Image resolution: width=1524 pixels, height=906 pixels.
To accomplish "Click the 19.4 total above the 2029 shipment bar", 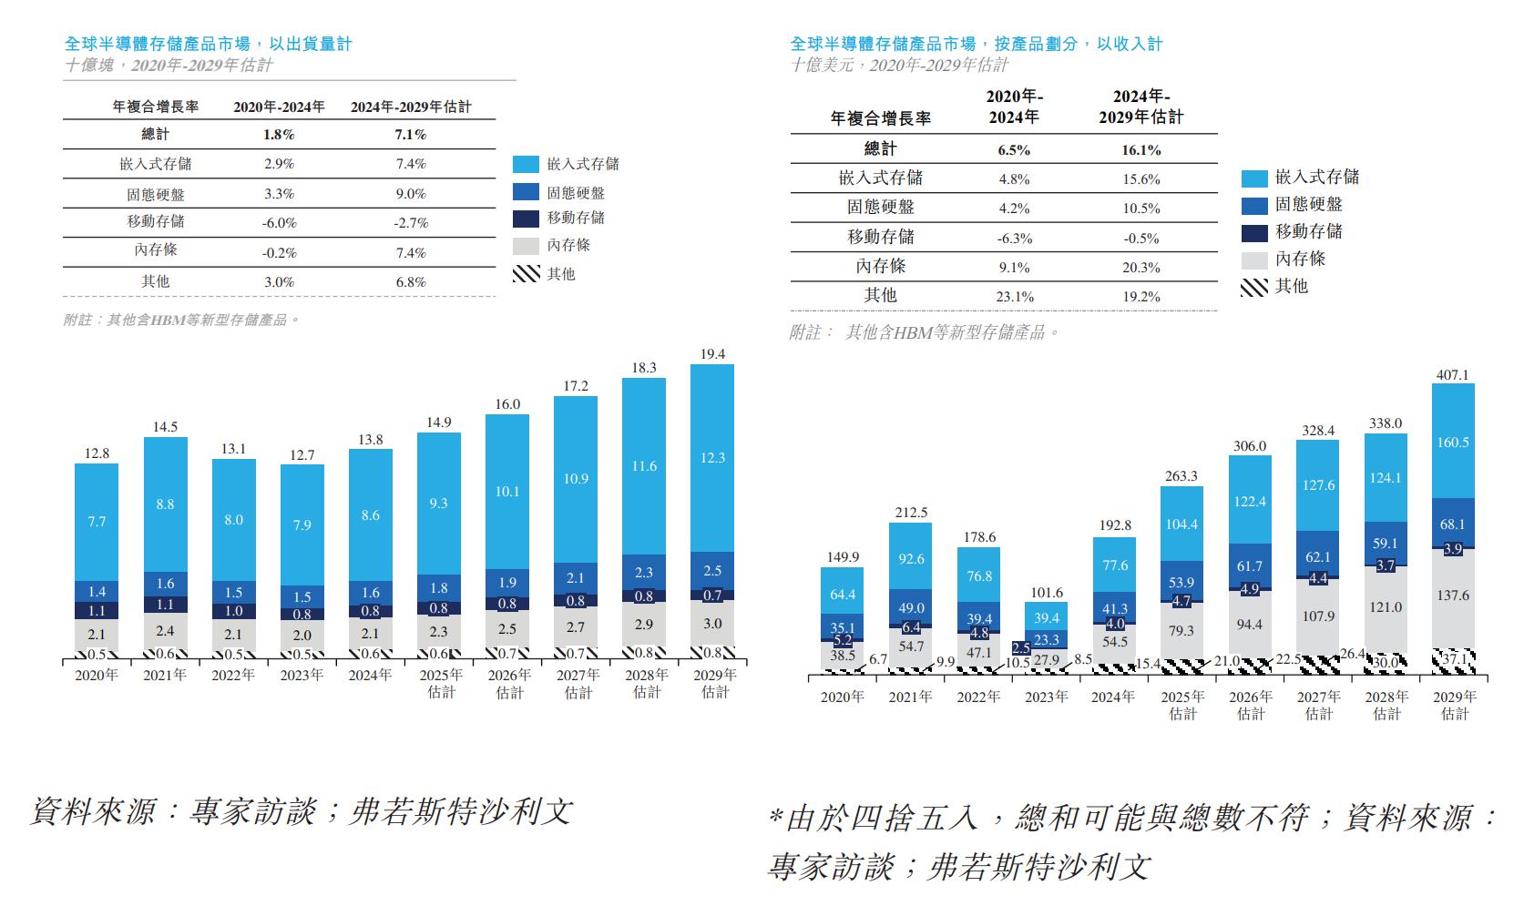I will [x=712, y=354].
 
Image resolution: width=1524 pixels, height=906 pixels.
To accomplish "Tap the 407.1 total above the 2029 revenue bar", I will [x=1452, y=375].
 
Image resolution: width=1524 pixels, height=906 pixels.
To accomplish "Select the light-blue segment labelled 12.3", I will [x=712, y=458].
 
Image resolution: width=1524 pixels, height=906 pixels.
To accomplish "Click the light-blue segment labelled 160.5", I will [x=1453, y=442].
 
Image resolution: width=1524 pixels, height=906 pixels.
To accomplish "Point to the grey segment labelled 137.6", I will [x=1453, y=596].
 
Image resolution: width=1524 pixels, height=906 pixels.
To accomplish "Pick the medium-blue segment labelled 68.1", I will [x=1453, y=524].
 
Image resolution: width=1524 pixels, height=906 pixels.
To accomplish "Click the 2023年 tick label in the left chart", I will [x=302, y=676].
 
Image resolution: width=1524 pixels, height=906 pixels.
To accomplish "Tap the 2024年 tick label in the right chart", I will [x=1113, y=697].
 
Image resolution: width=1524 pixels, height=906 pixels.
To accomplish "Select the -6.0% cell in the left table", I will [x=280, y=223].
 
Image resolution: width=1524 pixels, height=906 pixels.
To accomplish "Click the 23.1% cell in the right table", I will [x=1014, y=297].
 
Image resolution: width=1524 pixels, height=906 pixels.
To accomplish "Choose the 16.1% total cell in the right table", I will [x=1141, y=150].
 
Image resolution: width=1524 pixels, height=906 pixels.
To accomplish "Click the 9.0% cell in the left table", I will [x=411, y=194].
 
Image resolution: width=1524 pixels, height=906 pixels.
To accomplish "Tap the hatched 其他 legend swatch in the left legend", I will [x=527, y=273].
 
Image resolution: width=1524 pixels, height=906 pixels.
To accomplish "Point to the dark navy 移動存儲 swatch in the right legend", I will [x=1254, y=233].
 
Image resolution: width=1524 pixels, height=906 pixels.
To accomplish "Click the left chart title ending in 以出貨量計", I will [x=208, y=44].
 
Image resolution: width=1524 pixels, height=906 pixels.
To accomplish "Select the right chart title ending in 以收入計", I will [x=977, y=44].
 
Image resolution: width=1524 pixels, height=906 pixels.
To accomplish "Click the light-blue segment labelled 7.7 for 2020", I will [x=97, y=522].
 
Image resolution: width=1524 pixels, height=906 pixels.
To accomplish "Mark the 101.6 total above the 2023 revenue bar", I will [x=1046, y=593].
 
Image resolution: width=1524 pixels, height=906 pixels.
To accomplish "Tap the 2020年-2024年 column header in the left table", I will [x=279, y=107].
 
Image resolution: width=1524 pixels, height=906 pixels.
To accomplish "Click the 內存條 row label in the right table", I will [x=880, y=267].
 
